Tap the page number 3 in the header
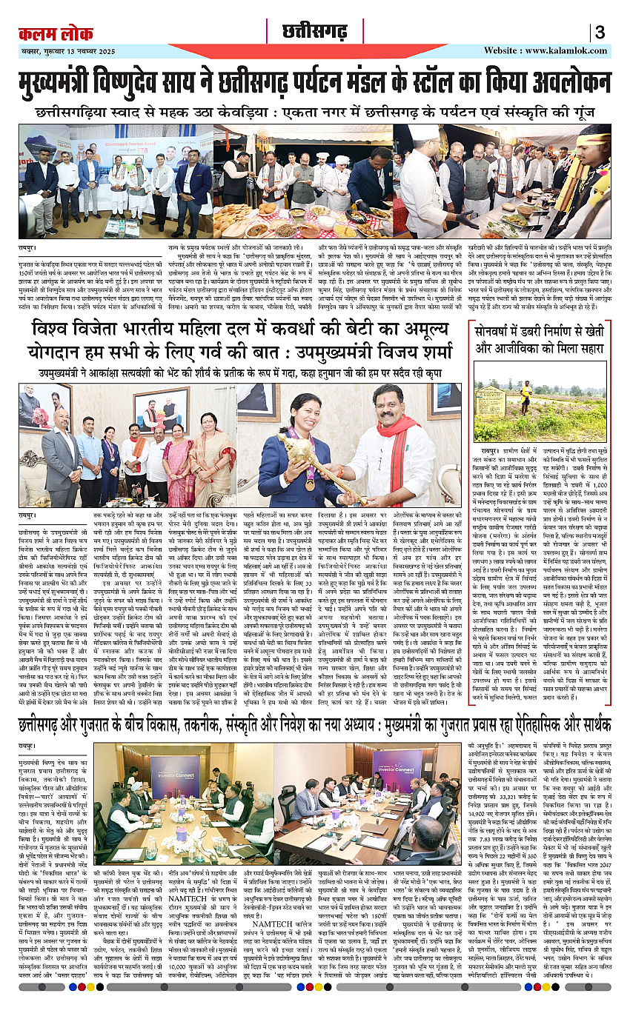point(600,33)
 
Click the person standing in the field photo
point(525,395)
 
